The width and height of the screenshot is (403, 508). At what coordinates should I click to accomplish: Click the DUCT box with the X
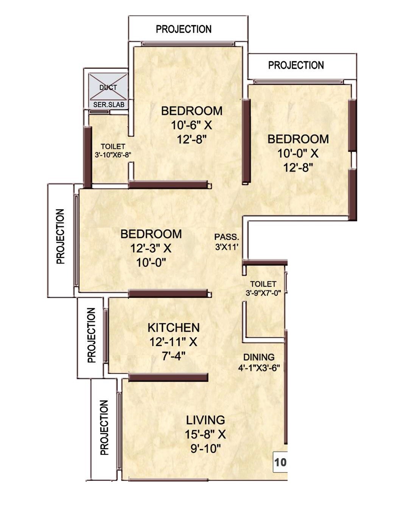click(108, 87)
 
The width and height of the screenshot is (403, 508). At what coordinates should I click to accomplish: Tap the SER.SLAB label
click(109, 105)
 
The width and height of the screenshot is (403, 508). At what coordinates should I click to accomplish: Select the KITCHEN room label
click(173, 327)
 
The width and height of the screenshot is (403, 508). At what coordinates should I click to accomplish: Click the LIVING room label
click(205, 420)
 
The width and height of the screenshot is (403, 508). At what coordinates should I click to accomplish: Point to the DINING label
click(259, 357)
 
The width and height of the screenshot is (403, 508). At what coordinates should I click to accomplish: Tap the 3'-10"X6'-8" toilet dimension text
click(113, 154)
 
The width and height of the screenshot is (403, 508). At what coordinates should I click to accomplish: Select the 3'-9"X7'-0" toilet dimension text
click(263, 293)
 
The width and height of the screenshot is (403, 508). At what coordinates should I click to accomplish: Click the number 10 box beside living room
click(280, 462)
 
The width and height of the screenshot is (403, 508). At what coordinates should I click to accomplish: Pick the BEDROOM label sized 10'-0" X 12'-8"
click(298, 139)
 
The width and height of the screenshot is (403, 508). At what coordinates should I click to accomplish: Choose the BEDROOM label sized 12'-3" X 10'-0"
click(151, 234)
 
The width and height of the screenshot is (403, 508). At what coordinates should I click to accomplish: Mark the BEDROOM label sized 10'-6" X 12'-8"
click(192, 111)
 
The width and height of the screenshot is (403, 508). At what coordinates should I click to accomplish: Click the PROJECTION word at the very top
click(184, 29)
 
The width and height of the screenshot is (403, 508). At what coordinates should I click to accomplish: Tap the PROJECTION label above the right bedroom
click(296, 65)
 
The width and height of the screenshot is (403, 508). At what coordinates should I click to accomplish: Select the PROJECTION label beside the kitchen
click(91, 335)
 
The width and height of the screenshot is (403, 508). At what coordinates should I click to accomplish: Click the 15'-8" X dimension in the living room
click(205, 434)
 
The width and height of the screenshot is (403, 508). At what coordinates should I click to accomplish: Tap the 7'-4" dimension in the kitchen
click(173, 356)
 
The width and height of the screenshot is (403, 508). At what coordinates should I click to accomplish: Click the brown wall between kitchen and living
click(168, 377)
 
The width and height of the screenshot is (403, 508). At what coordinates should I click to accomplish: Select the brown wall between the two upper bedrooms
click(246, 141)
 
